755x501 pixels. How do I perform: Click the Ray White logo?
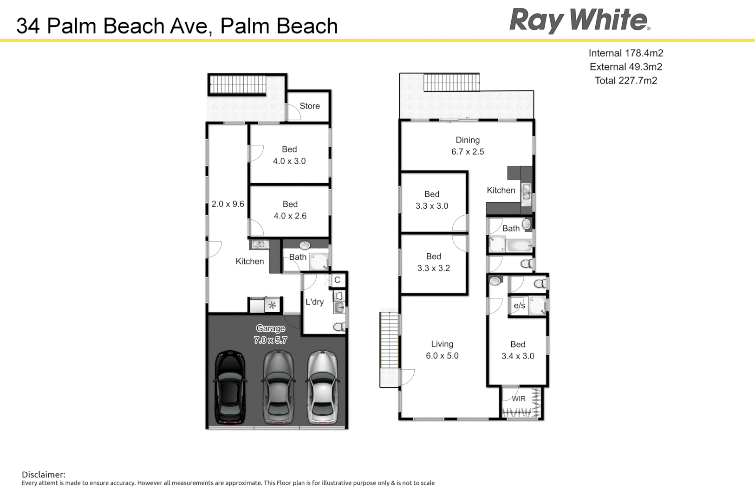(579, 21)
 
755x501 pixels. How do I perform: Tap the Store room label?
(310, 106)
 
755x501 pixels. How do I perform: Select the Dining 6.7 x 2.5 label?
(468, 146)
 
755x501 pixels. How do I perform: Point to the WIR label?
(519, 399)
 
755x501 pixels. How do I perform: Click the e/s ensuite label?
(519, 306)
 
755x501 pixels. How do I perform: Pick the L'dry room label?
(314, 302)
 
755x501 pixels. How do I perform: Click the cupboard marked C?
(338, 280)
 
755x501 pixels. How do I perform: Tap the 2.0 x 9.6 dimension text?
(228, 204)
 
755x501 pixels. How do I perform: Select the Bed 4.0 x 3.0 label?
(289, 155)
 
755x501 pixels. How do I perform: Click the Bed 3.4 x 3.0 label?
(518, 350)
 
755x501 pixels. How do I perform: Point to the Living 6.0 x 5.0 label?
(442, 350)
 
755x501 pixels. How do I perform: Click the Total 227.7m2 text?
(625, 81)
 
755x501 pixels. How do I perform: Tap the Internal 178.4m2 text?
(625, 53)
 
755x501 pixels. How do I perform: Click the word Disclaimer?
(44, 475)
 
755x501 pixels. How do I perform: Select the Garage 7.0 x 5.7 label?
(270, 334)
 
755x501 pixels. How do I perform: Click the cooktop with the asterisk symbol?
(273, 305)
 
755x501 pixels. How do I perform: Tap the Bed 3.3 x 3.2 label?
(434, 262)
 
